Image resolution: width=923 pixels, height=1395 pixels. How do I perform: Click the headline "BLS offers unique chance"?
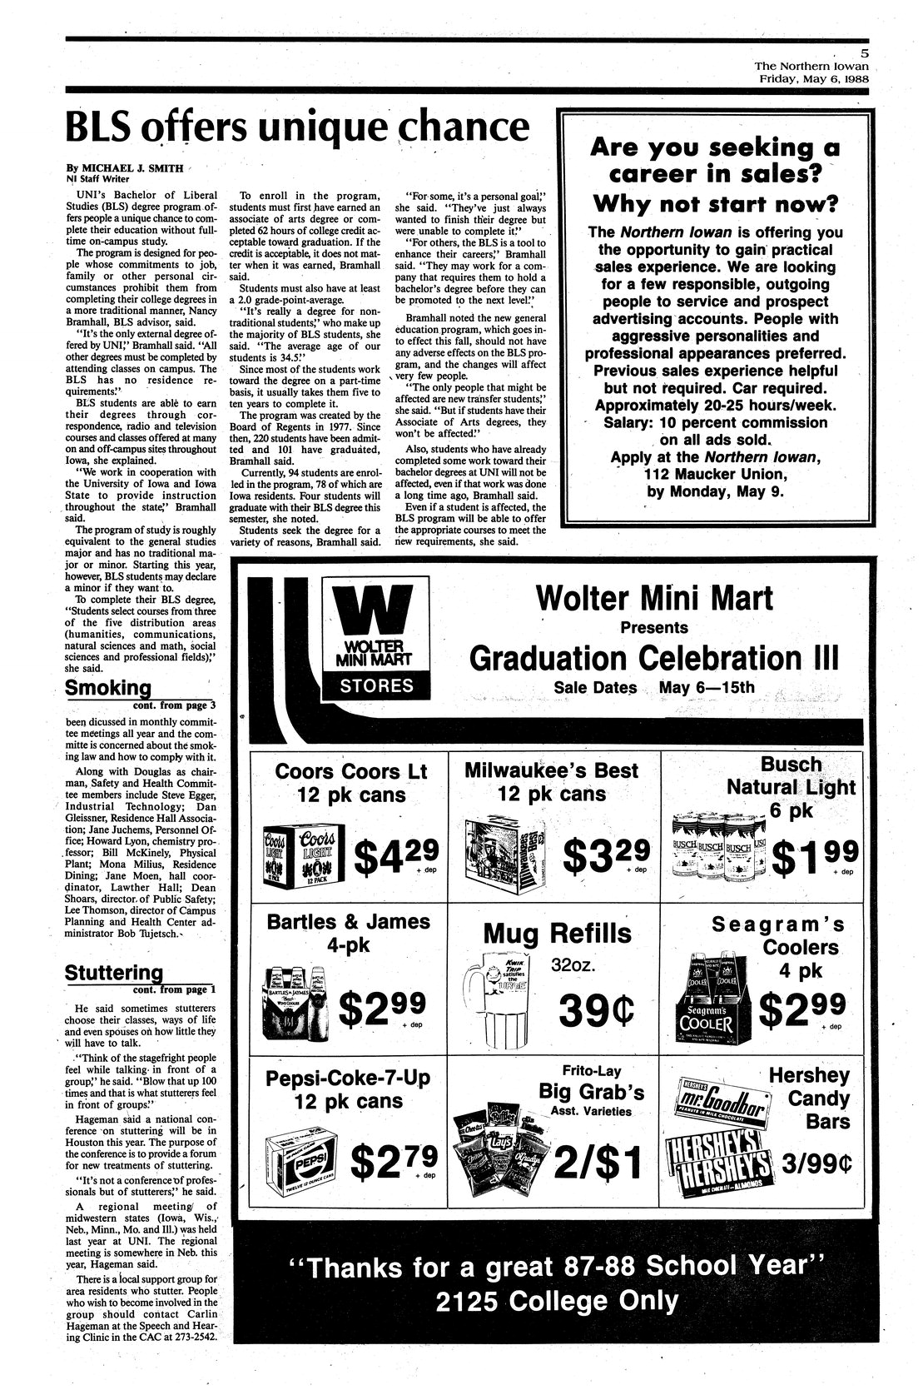296,127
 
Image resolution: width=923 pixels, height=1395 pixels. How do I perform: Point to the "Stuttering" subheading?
113,972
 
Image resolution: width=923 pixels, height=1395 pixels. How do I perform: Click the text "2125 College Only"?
556,1302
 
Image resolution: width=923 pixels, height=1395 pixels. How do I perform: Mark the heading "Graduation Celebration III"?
631,657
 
